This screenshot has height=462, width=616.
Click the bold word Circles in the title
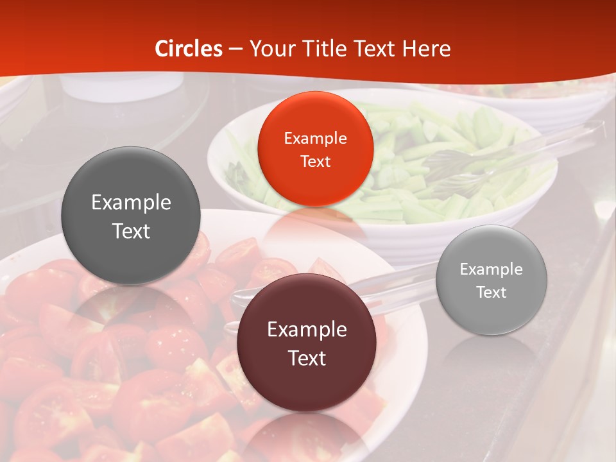pyautogui.click(x=189, y=49)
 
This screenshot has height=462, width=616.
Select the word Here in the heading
pyautogui.click(x=427, y=49)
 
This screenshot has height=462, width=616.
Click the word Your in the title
pyautogui.click(x=269, y=49)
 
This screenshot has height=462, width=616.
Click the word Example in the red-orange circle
pyautogui.click(x=315, y=139)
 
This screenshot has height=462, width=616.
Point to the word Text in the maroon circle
pyautogui.click(x=307, y=358)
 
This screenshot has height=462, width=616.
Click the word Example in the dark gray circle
pyautogui.click(x=131, y=203)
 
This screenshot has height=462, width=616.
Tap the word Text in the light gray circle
pyautogui.click(x=492, y=293)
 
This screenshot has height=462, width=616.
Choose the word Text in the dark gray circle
pyautogui.click(x=131, y=231)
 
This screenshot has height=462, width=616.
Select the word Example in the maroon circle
pyautogui.click(x=307, y=330)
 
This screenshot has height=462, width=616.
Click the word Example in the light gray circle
pyautogui.click(x=492, y=269)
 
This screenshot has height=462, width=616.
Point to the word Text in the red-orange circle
pyautogui.click(x=315, y=162)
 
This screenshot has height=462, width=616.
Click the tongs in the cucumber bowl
pyautogui.click(x=488, y=160)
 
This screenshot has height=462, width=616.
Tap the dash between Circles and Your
pyautogui.click(x=235, y=49)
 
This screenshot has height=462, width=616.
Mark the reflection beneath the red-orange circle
pyautogui.click(x=314, y=225)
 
